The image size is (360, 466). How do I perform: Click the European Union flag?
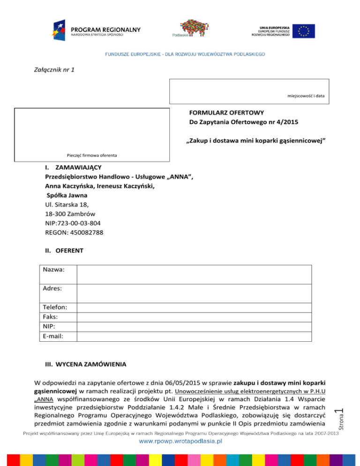[305, 31]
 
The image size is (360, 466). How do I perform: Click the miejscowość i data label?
[306, 96]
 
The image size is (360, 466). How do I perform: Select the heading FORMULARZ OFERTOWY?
[226, 113]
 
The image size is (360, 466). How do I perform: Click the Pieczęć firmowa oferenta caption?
[92, 155]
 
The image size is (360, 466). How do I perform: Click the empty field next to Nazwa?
[194, 274]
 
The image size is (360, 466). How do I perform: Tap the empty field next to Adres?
[194, 293]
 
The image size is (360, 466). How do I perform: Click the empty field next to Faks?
[194, 317]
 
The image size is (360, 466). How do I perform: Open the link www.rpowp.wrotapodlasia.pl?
[180, 441]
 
